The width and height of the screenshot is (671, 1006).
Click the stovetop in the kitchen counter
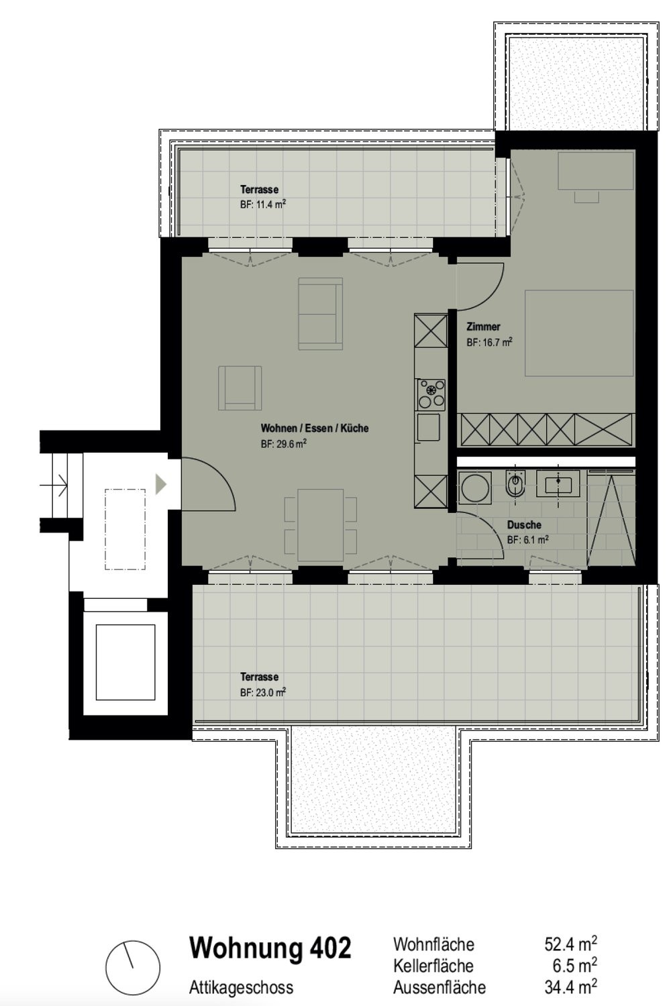[431, 395]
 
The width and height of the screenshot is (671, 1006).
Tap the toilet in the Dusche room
[515, 484]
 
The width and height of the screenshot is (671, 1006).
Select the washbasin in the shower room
[558, 484]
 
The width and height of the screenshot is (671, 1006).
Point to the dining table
[321, 525]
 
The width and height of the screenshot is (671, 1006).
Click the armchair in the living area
[240, 388]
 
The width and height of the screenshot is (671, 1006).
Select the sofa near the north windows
[321, 313]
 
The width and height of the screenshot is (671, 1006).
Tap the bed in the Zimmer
[579, 333]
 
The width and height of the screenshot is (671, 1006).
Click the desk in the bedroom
[596, 170]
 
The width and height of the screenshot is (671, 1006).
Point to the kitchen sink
[428, 427]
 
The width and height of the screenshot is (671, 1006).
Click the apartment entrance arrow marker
[161, 484]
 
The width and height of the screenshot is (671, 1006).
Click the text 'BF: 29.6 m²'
[284, 444]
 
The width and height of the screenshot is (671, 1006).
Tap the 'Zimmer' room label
[483, 327]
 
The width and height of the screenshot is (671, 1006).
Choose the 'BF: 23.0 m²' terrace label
[263, 692]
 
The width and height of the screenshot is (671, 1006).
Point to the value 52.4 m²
[571, 944]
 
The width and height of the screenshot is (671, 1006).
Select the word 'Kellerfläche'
[433, 966]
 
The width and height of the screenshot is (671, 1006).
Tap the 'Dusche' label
[524, 524]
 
